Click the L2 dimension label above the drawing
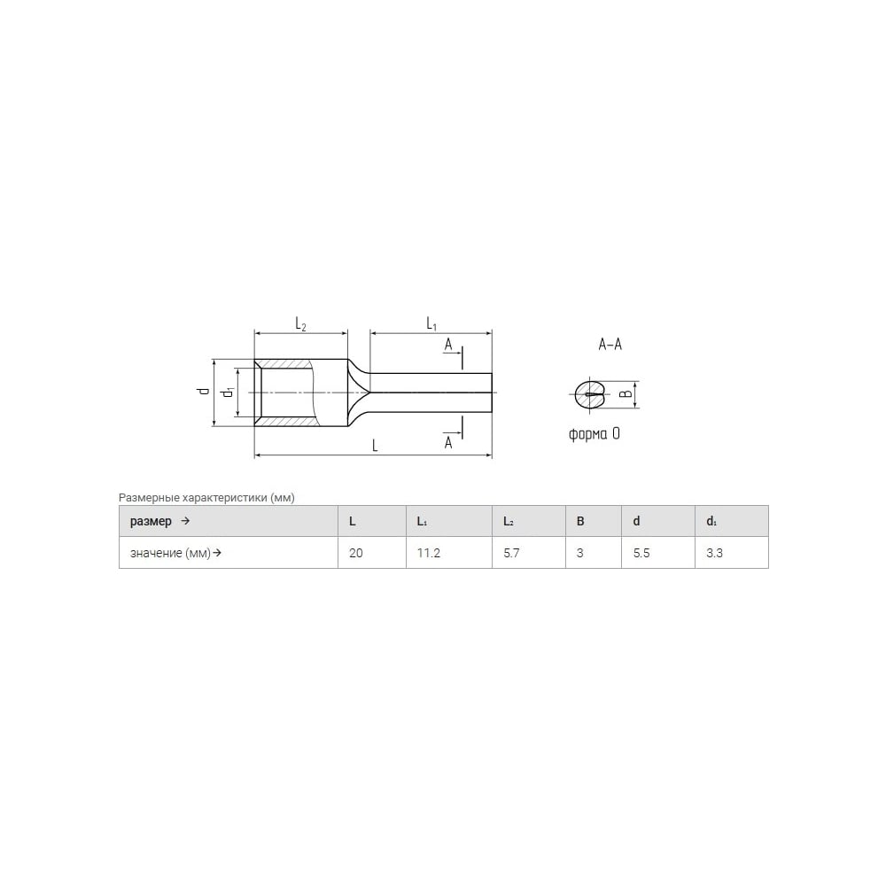click(300, 324)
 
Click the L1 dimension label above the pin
click(431, 323)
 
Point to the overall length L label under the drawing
click(375, 446)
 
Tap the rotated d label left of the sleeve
click(204, 391)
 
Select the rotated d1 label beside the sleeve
click(229, 391)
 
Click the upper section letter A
click(448, 344)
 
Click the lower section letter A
click(448, 442)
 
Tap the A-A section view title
click(610, 344)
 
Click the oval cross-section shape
click(589, 394)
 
